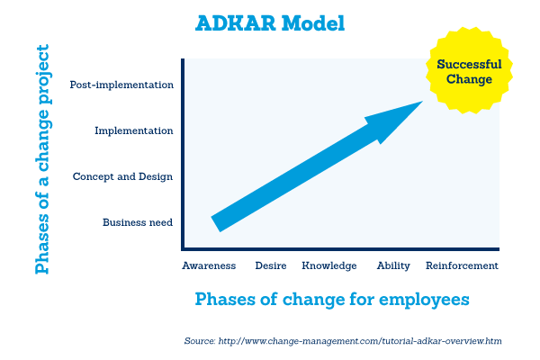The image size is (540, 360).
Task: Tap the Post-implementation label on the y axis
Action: tap(121, 85)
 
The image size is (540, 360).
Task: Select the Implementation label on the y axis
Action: tap(134, 130)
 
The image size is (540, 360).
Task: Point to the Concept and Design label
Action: tap(123, 176)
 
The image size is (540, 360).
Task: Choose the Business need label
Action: tap(138, 222)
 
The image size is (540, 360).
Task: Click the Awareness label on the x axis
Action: tap(209, 266)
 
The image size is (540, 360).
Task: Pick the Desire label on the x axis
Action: tap(271, 266)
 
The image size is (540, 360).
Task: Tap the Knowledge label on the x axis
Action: tap(329, 266)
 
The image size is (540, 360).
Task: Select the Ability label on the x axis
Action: tap(393, 266)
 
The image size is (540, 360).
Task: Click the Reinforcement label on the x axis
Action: tap(462, 266)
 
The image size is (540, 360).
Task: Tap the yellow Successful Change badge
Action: tap(467, 71)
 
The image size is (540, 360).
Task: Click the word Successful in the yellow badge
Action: tap(467, 64)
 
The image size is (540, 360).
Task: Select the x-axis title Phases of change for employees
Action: tap(332, 299)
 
